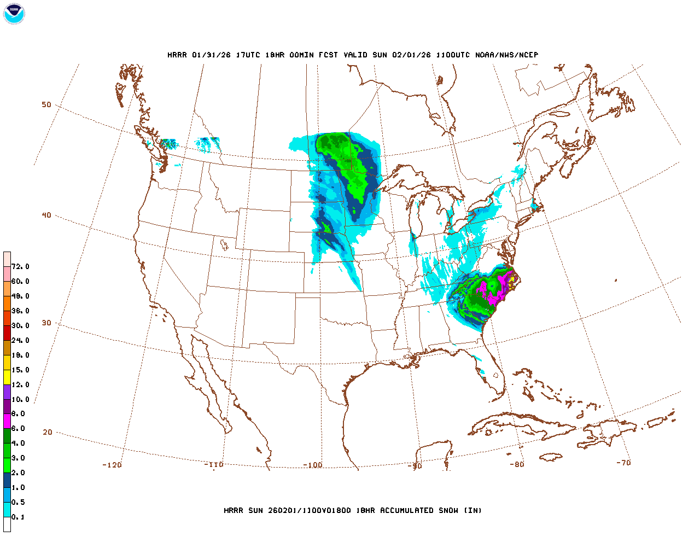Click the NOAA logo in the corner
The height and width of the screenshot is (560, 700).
[14, 14]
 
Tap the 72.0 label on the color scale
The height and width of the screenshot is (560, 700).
[20, 267]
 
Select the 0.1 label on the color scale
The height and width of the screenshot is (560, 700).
[18, 517]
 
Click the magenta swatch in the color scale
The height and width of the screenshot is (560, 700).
[7, 421]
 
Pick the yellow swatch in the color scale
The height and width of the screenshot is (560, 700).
[7, 377]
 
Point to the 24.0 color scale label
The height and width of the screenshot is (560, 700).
[20, 340]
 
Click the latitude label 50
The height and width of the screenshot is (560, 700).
[46, 104]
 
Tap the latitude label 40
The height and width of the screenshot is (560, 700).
[46, 215]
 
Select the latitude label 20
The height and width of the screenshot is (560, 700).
[48, 432]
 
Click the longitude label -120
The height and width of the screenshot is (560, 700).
[112, 465]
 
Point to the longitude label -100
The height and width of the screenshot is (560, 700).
[313, 465]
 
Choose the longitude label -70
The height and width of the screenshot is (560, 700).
[623, 463]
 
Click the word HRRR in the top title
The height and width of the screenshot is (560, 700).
[177, 55]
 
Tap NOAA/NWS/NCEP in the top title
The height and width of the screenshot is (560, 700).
[506, 55]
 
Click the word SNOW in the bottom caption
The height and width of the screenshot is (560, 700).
[447, 510]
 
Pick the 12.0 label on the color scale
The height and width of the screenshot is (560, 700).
[20, 384]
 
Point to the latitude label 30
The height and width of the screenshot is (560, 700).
[46, 323]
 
